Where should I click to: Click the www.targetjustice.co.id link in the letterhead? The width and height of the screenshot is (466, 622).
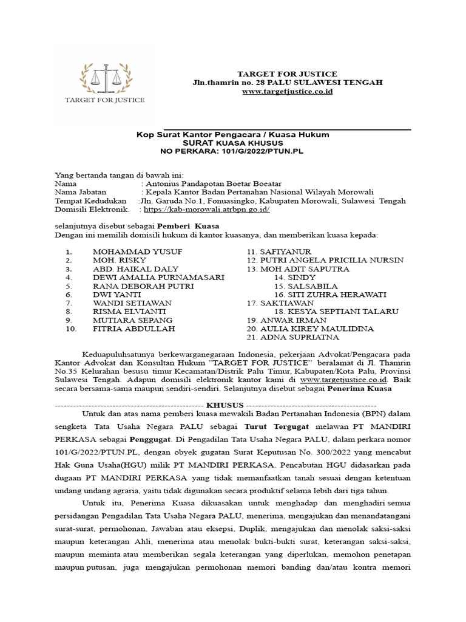click(287, 91)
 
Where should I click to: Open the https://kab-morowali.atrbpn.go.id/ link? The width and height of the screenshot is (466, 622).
click(206, 210)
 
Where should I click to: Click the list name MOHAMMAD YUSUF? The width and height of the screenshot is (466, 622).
click(137, 251)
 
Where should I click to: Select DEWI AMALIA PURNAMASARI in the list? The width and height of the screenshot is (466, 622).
click(158, 277)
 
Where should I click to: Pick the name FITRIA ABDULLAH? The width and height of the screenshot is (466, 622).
click(133, 329)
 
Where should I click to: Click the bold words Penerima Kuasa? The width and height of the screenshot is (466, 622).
click(360, 388)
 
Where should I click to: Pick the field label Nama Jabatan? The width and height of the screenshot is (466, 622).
click(81, 192)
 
